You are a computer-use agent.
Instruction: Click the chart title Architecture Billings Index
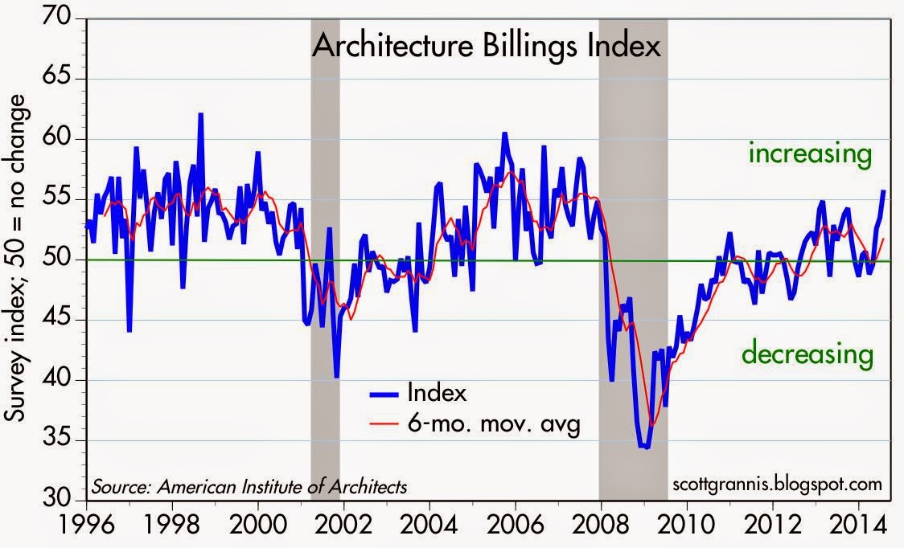(486, 47)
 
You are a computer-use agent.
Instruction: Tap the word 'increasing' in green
(810, 153)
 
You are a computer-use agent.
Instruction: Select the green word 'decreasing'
(807, 353)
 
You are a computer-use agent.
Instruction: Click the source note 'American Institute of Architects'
(249, 486)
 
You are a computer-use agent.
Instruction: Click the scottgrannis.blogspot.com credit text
(775, 485)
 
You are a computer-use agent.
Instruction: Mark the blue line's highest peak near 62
(200, 114)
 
